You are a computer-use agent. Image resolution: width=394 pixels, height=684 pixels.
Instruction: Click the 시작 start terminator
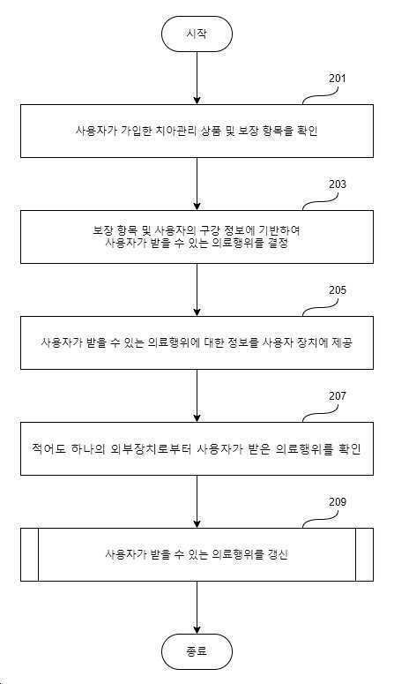click(x=197, y=34)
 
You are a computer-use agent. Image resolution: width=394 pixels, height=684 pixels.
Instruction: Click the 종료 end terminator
click(x=197, y=651)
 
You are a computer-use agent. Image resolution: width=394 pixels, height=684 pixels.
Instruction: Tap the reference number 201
click(x=338, y=79)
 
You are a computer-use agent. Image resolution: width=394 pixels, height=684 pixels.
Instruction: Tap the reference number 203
click(x=338, y=184)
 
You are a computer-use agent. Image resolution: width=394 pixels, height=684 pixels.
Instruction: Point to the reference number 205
click(x=338, y=290)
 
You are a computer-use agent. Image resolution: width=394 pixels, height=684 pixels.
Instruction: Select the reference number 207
click(x=338, y=396)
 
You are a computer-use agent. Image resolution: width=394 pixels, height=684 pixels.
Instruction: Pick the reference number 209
click(x=338, y=502)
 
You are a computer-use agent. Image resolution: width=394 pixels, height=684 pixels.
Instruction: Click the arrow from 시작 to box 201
click(x=197, y=78)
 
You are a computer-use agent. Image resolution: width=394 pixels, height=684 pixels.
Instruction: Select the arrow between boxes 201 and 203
click(x=197, y=184)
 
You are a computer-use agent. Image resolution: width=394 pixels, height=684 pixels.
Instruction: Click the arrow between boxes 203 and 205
click(x=197, y=289)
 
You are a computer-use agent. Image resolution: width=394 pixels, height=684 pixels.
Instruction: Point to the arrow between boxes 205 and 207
click(x=197, y=395)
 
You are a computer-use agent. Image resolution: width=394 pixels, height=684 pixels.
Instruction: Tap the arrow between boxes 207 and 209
click(x=197, y=501)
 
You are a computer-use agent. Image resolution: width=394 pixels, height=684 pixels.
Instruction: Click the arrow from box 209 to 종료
click(x=197, y=607)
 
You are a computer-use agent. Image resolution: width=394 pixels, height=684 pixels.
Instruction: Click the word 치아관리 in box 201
click(x=169, y=131)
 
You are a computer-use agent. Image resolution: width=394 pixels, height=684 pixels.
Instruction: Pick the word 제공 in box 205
click(x=343, y=342)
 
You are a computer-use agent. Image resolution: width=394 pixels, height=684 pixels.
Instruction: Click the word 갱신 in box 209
click(x=279, y=555)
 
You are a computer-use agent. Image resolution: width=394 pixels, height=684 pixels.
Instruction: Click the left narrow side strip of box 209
click(x=30, y=555)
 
